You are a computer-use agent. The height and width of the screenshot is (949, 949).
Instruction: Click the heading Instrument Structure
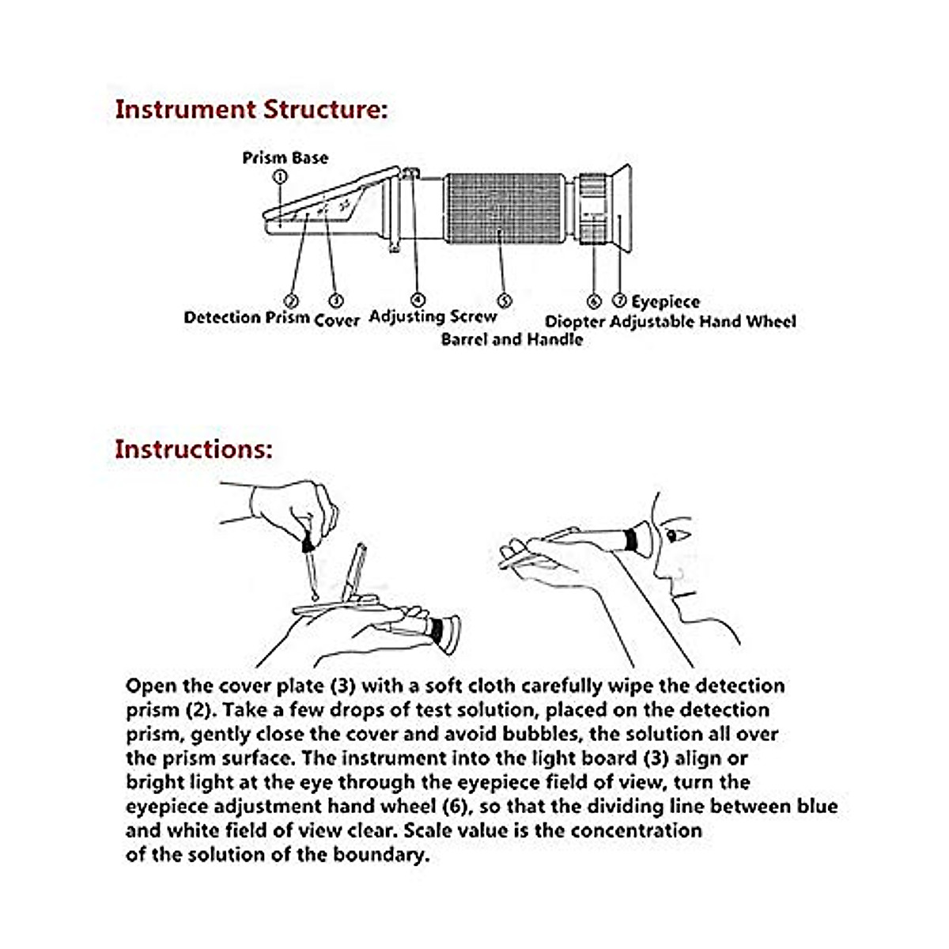point(251,109)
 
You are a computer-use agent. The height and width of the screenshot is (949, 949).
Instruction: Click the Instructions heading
point(194,448)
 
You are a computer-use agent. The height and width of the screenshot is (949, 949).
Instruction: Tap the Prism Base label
point(285,158)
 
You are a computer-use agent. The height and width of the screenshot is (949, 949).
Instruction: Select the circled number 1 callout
point(279,177)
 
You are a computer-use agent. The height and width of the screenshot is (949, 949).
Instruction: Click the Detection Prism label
point(246,318)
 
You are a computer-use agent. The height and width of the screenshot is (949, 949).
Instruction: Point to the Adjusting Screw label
point(433,316)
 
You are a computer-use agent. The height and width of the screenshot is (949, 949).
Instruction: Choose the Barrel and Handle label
point(512,339)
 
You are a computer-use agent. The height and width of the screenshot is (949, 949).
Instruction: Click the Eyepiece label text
point(665,302)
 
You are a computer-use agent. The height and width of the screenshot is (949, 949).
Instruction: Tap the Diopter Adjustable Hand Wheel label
point(670,322)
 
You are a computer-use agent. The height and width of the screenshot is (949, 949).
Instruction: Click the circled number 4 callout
point(418,300)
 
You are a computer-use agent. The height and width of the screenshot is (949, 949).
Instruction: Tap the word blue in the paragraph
point(814,807)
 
